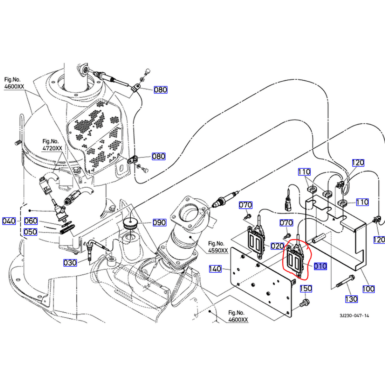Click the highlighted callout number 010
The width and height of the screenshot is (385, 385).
tap(320, 266)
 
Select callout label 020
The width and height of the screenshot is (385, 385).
tap(277, 246)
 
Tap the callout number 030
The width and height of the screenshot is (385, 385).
tap(70, 263)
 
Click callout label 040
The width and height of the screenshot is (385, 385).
tap(9, 221)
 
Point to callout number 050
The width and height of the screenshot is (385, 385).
tap(31, 232)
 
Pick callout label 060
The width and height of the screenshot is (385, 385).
tap(31, 221)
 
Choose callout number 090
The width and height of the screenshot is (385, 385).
tap(159, 223)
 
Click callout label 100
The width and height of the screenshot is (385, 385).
tap(368, 289)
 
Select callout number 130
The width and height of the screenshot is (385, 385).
tap(351, 299)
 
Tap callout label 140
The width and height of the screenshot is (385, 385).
tap(215, 269)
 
